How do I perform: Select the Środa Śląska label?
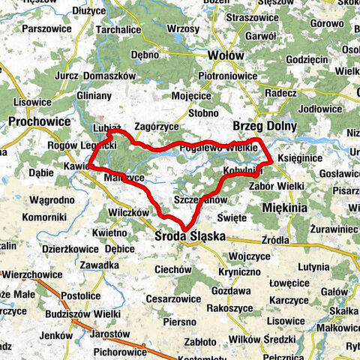click(190, 235)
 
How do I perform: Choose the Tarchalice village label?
click(118, 29)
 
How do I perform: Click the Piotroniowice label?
click(227, 76)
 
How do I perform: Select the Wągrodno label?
click(52, 200)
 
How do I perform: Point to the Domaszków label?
click(109, 76)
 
